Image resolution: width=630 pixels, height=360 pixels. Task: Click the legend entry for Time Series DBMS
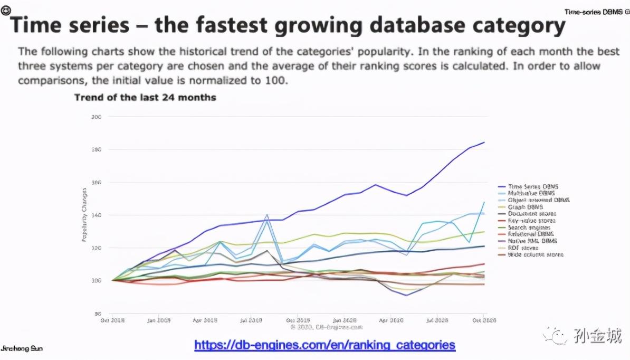pos(533,187)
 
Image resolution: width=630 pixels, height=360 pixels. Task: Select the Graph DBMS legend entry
pos(525,207)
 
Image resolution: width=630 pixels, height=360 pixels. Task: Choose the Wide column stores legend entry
pos(534,254)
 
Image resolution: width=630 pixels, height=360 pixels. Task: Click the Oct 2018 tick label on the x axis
pos(112,319)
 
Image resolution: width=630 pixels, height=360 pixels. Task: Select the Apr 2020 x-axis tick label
pos(391,319)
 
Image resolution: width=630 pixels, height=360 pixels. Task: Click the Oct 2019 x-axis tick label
pos(298,319)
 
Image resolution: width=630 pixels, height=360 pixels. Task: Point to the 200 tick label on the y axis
pos(96,116)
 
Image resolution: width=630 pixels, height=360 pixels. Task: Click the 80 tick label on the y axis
pos(98,313)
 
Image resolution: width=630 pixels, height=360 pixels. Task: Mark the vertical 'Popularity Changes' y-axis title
pos(84,222)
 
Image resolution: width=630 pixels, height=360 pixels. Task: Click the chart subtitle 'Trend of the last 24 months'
pos(145,98)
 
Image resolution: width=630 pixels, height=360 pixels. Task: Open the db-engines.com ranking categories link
pos(324,345)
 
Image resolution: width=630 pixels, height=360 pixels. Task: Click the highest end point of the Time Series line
pos(484,143)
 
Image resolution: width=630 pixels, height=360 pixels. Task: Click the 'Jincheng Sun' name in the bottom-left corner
pos(22,349)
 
